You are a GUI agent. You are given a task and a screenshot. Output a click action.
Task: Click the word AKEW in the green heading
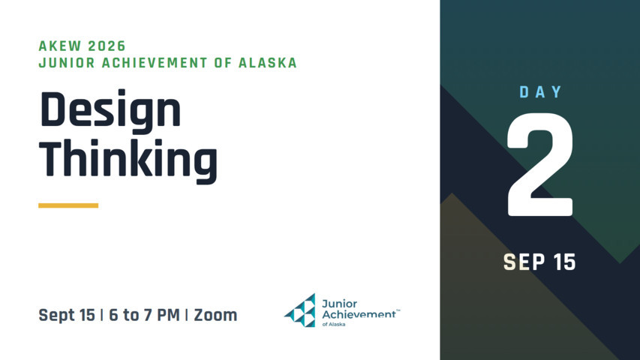pos(59,46)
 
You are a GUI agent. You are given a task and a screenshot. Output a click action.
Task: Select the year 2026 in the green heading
pos(107,46)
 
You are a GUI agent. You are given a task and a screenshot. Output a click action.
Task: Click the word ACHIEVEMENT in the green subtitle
pos(155,63)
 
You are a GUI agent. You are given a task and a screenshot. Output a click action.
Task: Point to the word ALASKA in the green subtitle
pos(268,63)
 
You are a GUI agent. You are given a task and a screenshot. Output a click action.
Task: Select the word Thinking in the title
pos(128,160)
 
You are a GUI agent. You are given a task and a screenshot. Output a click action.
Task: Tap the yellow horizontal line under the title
pos(68,205)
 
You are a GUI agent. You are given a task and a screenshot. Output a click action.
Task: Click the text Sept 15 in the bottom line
pos(67,315)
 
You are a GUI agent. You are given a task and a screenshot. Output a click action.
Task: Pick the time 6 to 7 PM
pos(144,315)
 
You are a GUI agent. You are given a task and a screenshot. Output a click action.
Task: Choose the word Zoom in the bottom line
pos(215,315)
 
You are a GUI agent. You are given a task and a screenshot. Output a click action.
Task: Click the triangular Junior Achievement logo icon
pos(300,310)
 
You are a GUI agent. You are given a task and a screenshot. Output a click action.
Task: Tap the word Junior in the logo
pos(339,304)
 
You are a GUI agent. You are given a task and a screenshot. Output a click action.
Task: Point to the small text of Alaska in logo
pos(334,325)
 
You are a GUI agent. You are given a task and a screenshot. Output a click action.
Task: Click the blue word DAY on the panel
pos(540,92)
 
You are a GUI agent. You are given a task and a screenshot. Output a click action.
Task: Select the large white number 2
pos(540,164)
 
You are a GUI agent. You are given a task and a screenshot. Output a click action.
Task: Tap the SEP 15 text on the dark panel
pos(539,262)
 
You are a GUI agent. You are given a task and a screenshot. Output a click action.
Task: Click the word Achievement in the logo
pos(359,314)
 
